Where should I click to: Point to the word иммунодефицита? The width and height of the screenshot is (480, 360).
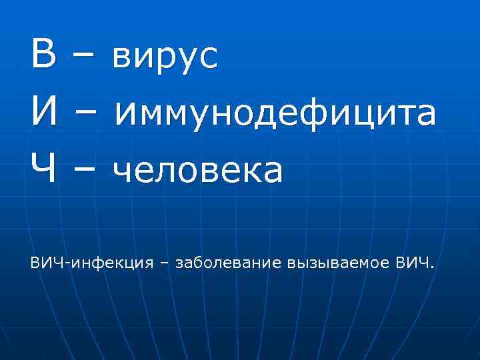click(x=275, y=114)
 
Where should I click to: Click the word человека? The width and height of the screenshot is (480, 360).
click(x=198, y=171)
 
